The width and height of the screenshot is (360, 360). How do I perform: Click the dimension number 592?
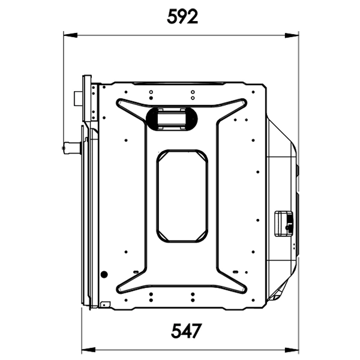(x=182, y=17)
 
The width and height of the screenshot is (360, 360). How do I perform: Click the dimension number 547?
(x=186, y=331)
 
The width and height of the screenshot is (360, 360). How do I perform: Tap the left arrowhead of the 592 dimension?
(x=70, y=35)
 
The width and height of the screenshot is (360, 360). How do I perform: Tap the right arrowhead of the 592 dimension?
(x=292, y=35)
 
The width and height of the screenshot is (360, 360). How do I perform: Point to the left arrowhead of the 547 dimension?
(x=89, y=350)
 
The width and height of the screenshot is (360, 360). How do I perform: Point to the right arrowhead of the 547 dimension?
(x=292, y=350)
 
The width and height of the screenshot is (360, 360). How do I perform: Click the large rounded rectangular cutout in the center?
(x=182, y=196)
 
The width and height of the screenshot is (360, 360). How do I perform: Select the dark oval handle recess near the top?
(x=172, y=118)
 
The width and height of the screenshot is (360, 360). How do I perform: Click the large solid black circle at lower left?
(x=104, y=274)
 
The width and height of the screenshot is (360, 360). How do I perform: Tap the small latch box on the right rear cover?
(x=284, y=223)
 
